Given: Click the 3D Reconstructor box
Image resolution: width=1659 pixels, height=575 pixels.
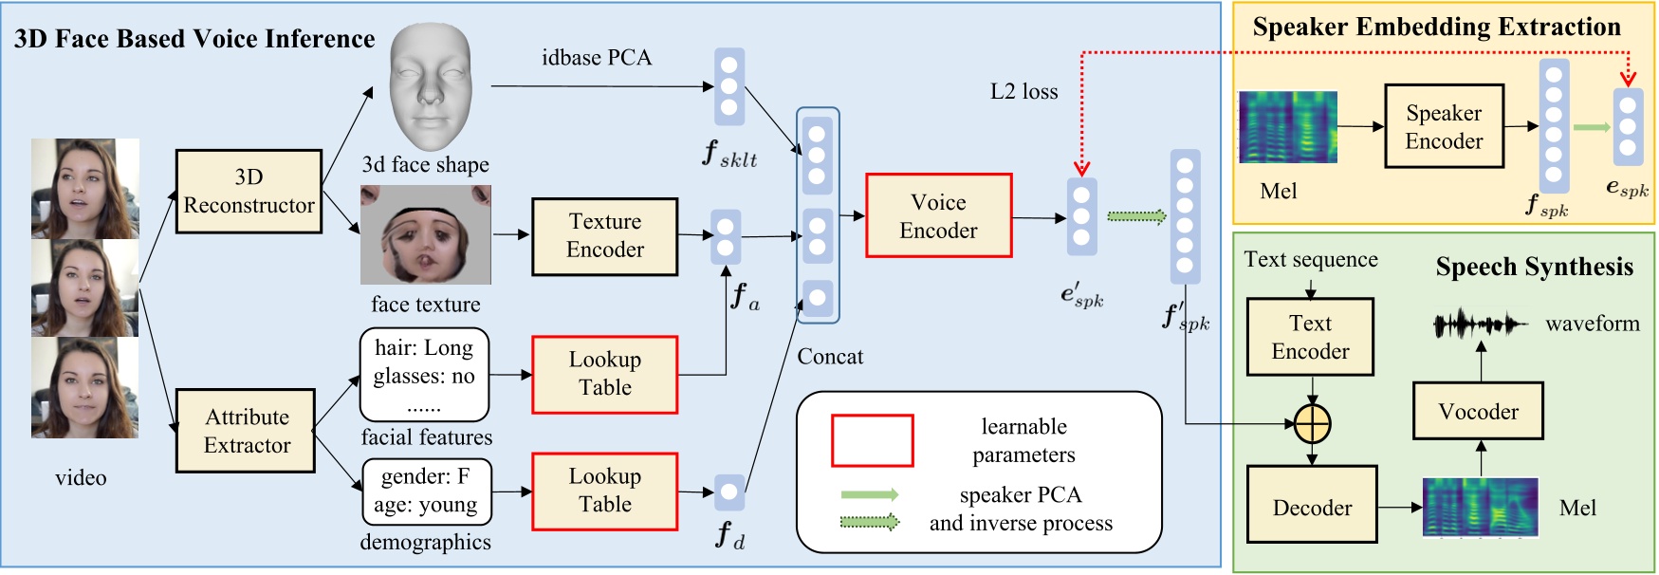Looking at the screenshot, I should (249, 191).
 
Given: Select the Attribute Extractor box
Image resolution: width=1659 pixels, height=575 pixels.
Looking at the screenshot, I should (246, 431).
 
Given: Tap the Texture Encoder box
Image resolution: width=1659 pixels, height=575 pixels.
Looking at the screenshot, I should (604, 236).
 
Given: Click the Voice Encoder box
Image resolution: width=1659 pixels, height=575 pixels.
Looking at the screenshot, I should (938, 215).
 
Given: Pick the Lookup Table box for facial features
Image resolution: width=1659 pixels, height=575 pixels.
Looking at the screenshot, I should (604, 374).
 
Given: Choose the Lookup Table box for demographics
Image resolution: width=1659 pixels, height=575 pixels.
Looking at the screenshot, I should (604, 491).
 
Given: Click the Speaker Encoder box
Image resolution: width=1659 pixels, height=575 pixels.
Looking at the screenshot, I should (1443, 126).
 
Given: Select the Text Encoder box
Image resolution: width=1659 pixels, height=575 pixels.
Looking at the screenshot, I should (1309, 337).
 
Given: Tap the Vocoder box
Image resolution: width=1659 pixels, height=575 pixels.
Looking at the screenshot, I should (1477, 411).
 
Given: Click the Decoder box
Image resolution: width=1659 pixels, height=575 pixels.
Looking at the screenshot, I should (1311, 505).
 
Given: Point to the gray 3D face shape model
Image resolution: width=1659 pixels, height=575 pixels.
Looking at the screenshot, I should (430, 85).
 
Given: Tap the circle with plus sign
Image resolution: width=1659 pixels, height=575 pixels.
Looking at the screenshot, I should (1312, 424).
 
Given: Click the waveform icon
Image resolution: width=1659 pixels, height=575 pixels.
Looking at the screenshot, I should (1479, 325).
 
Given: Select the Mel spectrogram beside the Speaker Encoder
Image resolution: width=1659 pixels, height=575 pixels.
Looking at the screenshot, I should (1287, 127).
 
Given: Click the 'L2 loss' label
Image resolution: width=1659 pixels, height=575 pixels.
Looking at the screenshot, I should (1023, 91).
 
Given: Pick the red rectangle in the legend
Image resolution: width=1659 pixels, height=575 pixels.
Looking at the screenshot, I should (872, 440).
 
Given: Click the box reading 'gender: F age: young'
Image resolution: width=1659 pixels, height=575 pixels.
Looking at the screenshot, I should (426, 491).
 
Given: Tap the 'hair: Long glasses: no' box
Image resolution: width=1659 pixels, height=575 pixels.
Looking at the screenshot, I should (424, 374).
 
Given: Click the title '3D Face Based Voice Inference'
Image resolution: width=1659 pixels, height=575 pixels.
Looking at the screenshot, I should (194, 39).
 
